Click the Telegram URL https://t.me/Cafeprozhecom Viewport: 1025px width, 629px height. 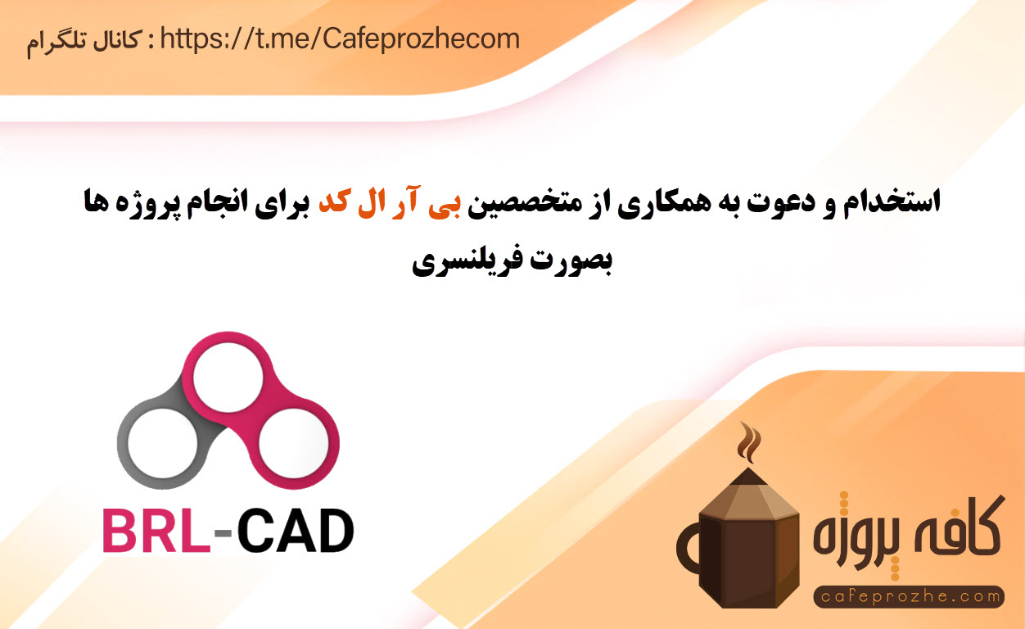tap(340, 39)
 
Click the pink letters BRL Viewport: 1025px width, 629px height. tap(156, 531)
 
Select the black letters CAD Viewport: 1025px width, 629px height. tap(296, 531)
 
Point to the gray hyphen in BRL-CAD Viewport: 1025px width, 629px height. tap(223, 532)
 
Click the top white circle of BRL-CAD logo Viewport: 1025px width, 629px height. tap(228, 378)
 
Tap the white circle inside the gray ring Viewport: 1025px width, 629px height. tap(163, 443)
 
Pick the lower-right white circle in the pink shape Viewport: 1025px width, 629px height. tap(294, 443)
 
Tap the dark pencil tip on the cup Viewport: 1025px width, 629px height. tap(748, 477)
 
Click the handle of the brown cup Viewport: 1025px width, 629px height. tap(686, 550)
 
